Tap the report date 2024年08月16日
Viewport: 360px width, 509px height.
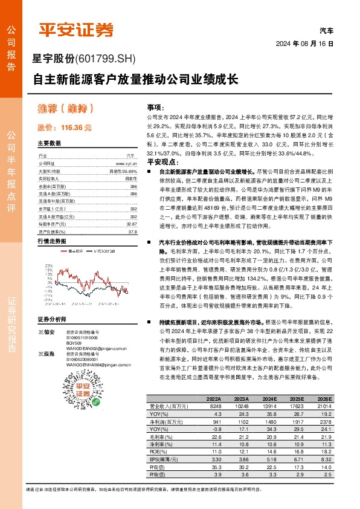point(313,44)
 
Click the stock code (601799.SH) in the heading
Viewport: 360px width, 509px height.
point(106,59)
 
